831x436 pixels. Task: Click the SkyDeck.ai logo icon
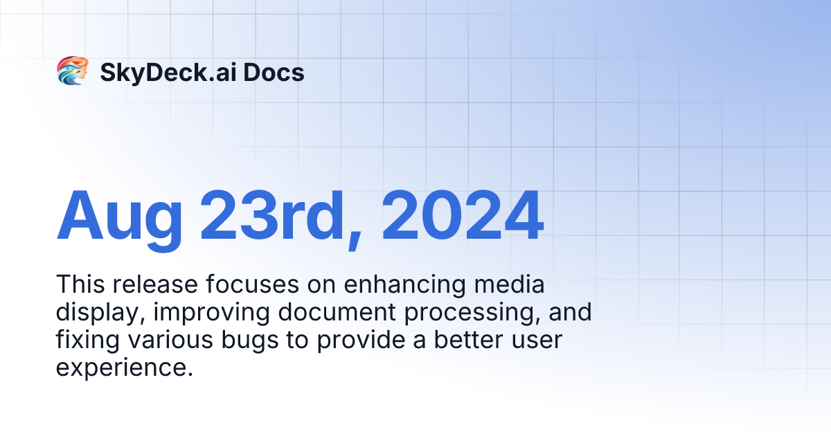coord(72,71)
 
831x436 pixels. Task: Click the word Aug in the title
coord(119,215)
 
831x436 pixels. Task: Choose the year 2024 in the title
coord(463,215)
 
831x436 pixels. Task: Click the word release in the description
coord(148,284)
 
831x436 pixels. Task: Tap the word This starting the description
coord(80,284)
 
